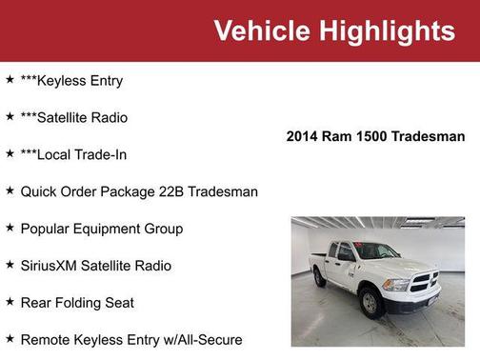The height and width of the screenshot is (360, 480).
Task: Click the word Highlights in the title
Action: click(387, 30)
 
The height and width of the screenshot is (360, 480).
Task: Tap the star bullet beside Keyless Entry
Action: click(10, 81)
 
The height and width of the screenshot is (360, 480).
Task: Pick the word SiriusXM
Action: click(54, 266)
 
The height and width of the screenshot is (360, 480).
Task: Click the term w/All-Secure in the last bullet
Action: click(201, 340)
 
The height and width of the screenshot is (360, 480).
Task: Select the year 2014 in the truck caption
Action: click(304, 137)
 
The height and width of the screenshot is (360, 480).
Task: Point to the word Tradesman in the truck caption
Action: click(430, 137)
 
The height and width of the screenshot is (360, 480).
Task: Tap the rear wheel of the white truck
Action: click(320, 278)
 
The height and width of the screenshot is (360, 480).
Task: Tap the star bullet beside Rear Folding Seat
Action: click(10, 303)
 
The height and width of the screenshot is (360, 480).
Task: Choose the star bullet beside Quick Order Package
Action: click(10, 191)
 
